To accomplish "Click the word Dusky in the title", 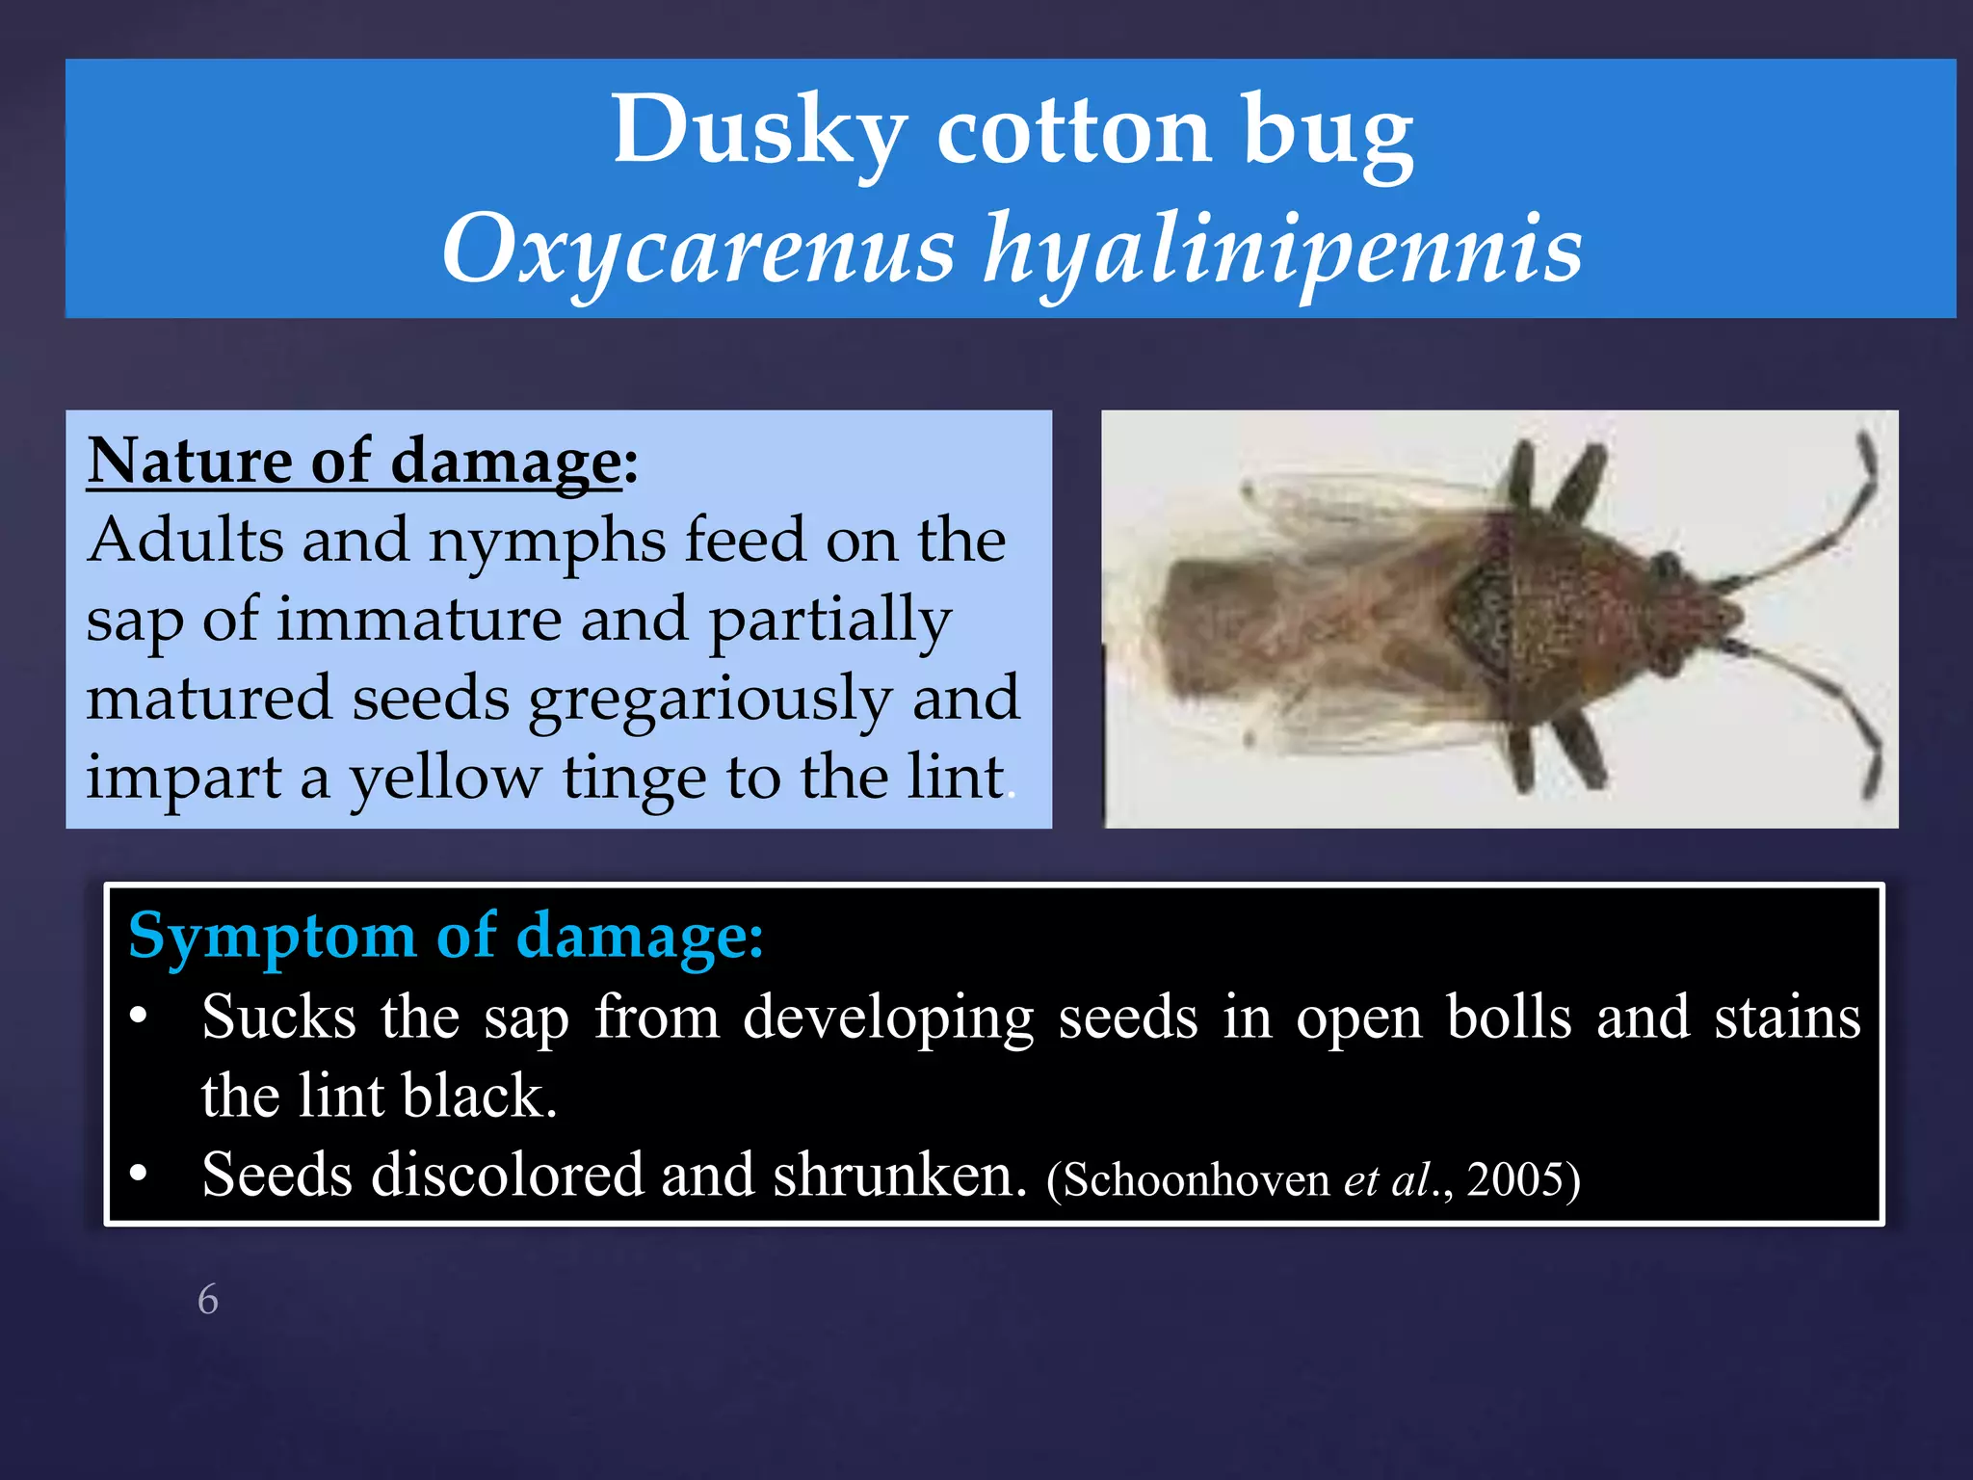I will pyautogui.click(x=759, y=130).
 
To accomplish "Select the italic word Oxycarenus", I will pyautogui.click(x=698, y=249).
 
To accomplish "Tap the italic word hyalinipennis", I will pyautogui.click(x=1282, y=249).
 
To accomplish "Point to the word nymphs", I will pyautogui.click(x=546, y=542).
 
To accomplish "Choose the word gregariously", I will pyautogui.click(x=710, y=699).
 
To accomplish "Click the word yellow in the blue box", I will pyautogui.click(x=444, y=778).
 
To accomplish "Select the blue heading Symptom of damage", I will pyautogui.click(x=445, y=936).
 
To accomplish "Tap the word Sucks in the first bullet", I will pyautogui.click(x=278, y=1017).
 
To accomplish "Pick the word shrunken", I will pyautogui.click(x=900, y=1176).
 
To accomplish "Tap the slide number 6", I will pyautogui.click(x=208, y=1300).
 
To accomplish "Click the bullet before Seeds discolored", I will pyautogui.click(x=139, y=1174).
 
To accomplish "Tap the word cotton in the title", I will pyautogui.click(x=1073, y=130).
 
